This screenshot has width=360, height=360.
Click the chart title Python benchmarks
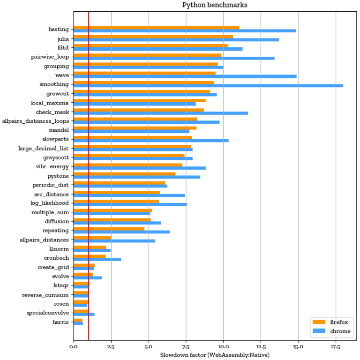coord(215,5)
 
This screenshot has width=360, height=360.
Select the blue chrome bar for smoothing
coord(208,86)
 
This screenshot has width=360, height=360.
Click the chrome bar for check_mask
coord(160,113)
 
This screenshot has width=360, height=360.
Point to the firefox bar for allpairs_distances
coord(92,238)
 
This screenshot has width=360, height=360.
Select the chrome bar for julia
coord(176,40)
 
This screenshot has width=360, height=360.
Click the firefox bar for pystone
coord(124,174)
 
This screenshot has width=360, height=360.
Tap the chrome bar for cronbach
coord(97,259)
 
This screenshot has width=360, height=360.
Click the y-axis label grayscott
coord(56,157)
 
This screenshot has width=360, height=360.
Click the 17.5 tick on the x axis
coord(335,347)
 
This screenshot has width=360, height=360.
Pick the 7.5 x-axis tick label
coord(186,347)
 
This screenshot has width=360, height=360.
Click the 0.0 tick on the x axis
coord(74,347)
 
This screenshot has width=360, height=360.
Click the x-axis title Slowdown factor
coord(215,355)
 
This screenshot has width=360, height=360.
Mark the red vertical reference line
coord(89,187)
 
